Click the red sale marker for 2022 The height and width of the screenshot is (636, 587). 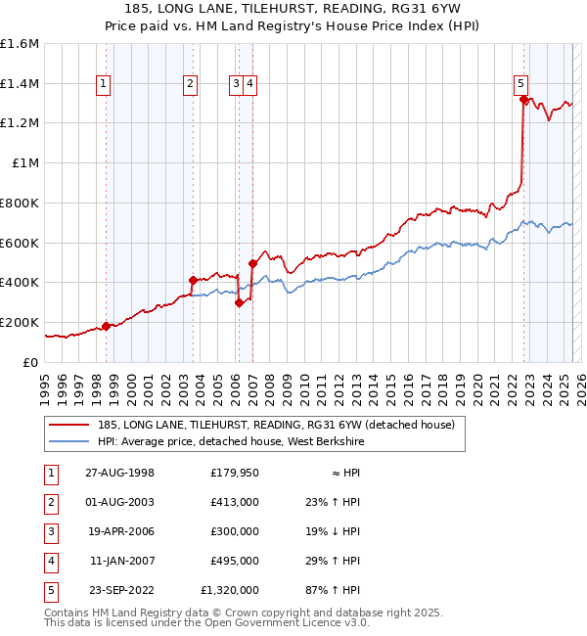524,100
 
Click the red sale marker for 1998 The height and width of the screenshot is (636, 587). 106,326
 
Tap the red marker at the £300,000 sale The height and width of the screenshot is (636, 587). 239,302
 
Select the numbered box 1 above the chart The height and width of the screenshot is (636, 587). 103,84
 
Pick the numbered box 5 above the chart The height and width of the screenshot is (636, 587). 521,84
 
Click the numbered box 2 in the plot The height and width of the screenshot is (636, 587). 190,84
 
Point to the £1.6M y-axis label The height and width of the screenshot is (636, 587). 20,44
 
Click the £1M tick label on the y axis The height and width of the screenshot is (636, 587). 26,163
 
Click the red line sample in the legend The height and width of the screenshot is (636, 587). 68,426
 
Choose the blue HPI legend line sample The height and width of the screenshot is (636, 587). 68,441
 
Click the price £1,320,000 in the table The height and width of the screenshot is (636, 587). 230,590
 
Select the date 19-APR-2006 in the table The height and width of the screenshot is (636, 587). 118,531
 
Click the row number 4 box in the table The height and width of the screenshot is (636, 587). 50,561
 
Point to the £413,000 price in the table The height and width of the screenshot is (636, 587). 235,502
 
